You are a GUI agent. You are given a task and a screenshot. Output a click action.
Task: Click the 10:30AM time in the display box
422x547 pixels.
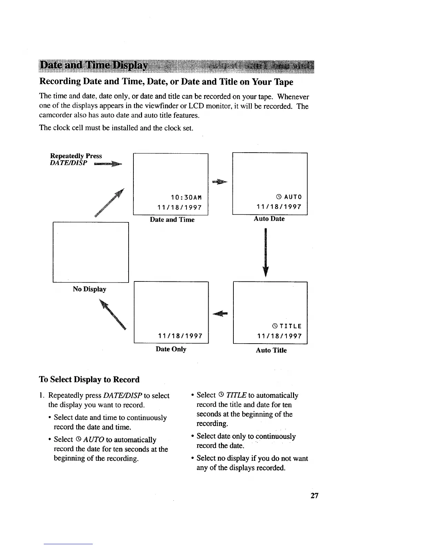click(186, 198)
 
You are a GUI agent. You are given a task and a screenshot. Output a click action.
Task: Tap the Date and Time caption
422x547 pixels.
click(172, 220)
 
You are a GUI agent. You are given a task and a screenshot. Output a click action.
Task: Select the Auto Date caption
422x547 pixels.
click(269, 219)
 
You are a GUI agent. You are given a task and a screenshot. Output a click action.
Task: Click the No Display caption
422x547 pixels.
click(89, 289)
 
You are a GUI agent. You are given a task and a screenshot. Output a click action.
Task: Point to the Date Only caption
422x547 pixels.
click(171, 349)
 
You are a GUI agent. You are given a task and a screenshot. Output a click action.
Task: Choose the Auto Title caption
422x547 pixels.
click(271, 350)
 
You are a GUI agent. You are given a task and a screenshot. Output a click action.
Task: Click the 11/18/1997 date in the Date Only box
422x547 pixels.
click(180, 336)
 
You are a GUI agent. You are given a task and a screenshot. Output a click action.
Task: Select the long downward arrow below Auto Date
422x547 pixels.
click(265, 252)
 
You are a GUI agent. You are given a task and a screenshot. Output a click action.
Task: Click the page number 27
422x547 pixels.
click(314, 496)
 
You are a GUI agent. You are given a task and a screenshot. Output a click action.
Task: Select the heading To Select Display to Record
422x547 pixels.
click(89, 380)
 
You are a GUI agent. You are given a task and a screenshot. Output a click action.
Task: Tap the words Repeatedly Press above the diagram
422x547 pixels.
click(76, 156)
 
